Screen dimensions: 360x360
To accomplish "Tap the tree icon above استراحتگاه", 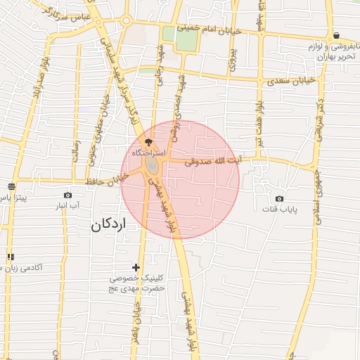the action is pyautogui.click(x=148, y=141).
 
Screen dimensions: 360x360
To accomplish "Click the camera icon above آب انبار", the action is pyautogui.click(x=67, y=195).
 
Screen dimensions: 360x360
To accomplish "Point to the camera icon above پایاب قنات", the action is pyautogui.click(x=280, y=199).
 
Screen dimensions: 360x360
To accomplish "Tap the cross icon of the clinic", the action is pyautogui.click(x=136, y=267).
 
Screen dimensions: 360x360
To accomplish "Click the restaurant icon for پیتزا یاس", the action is pyautogui.click(x=11, y=186).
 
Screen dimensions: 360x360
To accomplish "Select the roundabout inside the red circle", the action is pyautogui.click(x=152, y=166).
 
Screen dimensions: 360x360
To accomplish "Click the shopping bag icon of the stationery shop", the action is pyautogui.click(x=337, y=35).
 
